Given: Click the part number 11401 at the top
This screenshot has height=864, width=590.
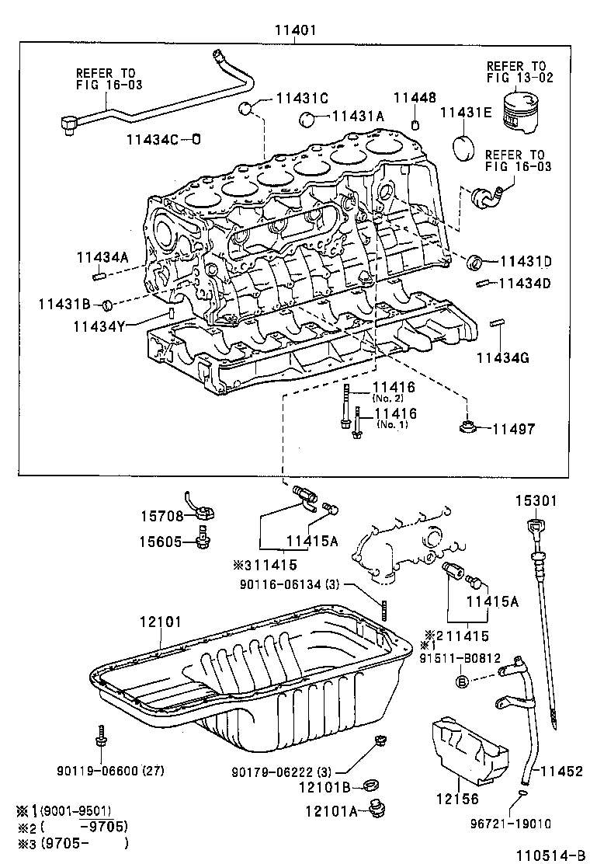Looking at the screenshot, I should pyautogui.click(x=296, y=31).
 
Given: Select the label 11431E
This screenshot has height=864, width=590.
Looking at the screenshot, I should pyautogui.click(x=466, y=113).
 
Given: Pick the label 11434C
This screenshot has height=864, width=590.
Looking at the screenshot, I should pyautogui.click(x=153, y=139).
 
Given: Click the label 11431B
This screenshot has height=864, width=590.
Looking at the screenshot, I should pyautogui.click(x=64, y=303).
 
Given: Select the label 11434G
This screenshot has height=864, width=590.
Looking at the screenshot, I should pyautogui.click(x=502, y=357).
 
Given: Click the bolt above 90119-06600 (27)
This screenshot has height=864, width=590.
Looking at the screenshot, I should pyautogui.click(x=100, y=735).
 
